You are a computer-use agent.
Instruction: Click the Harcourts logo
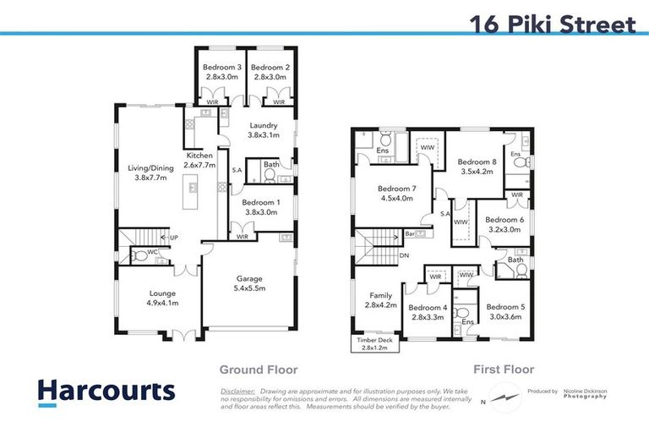[x=106, y=392]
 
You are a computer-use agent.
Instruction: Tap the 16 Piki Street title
[x=552, y=25]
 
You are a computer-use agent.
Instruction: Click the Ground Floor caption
[x=259, y=370]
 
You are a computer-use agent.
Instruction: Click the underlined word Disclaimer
[x=237, y=392]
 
